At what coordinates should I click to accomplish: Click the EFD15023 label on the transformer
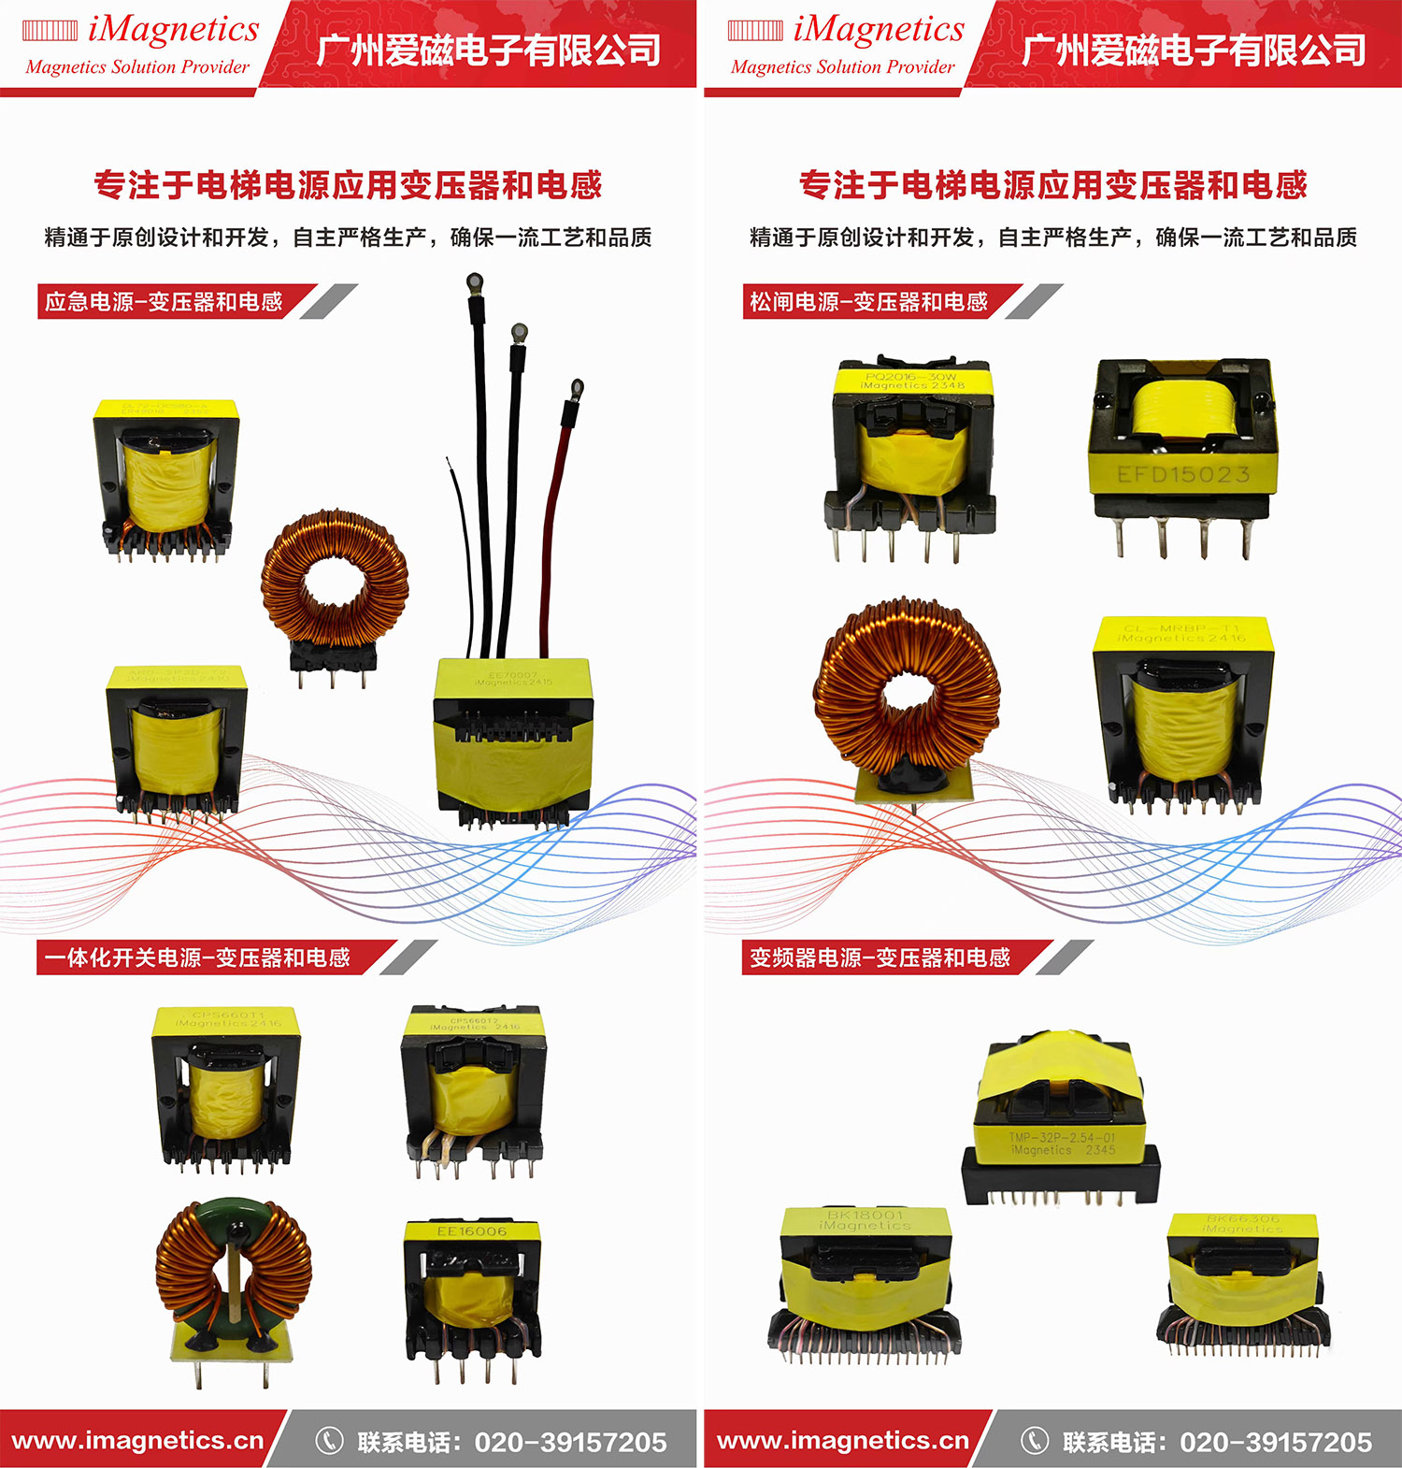pyautogui.click(x=1183, y=475)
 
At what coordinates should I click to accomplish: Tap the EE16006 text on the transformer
pyautogui.click(x=471, y=1231)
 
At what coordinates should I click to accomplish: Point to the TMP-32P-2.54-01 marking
pyautogui.click(x=1062, y=1138)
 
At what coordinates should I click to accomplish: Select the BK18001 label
pyautogui.click(x=866, y=1215)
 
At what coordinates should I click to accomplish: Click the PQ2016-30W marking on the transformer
pyautogui.click(x=910, y=376)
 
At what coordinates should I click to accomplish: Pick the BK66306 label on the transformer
pyautogui.click(x=1242, y=1218)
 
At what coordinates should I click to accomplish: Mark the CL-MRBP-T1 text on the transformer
pyautogui.click(x=1181, y=628)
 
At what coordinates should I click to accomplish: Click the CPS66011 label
pyautogui.click(x=228, y=1015)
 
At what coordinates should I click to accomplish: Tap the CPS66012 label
pyautogui.click(x=474, y=1021)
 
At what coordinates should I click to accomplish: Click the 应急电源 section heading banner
pyautogui.click(x=165, y=302)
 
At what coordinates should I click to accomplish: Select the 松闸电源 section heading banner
pyautogui.click(x=869, y=302)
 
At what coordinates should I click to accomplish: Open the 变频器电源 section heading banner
pyautogui.click(x=880, y=957)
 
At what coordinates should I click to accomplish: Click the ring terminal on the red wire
pyautogui.click(x=577, y=388)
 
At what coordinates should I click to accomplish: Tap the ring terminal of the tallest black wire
pyautogui.click(x=474, y=280)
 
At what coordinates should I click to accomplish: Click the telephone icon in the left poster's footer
pyautogui.click(x=329, y=1441)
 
